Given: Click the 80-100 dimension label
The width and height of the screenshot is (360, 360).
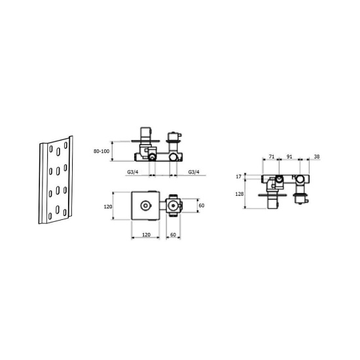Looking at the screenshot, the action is coord(101,151).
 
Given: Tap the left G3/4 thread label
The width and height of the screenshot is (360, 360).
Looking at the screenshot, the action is coord(133,171).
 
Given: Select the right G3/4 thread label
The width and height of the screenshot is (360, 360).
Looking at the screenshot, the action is coord(194,171).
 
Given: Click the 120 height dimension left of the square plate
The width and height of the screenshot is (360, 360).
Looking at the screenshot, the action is coord(108,207).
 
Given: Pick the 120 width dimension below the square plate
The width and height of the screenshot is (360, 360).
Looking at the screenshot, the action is coord(146,234).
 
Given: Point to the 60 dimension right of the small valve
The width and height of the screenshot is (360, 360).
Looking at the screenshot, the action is coord(202,206).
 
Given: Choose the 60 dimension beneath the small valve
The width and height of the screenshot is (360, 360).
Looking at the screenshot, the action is coord(173,234).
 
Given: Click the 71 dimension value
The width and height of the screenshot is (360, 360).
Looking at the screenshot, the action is coord(272,156).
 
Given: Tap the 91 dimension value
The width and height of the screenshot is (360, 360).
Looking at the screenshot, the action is coord(289,156).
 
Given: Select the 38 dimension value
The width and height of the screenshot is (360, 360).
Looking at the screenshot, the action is coord(317,156).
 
